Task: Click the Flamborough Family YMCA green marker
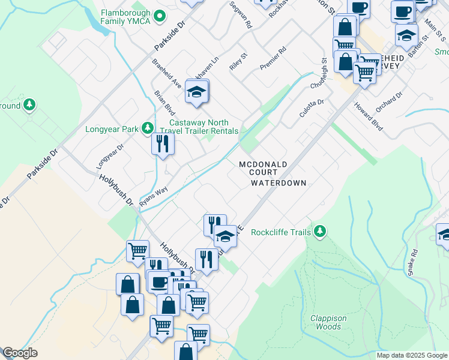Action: [x=160, y=16]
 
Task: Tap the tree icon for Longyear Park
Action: [x=147, y=128]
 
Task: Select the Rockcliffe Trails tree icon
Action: [x=320, y=232]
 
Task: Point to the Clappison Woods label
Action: [x=325, y=322]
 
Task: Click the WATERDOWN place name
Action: [x=279, y=183]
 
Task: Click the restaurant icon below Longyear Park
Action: [x=163, y=144]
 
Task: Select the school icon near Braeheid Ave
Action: [x=196, y=92]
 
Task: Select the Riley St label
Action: [x=239, y=62]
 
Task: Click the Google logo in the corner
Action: [x=20, y=353]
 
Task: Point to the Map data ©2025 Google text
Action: [x=411, y=355]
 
